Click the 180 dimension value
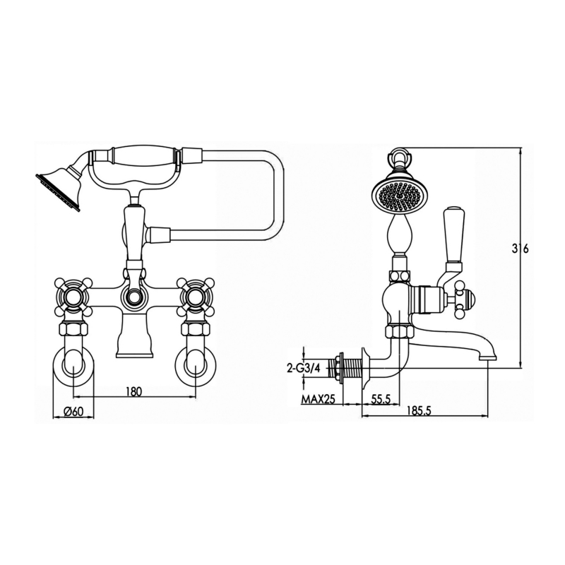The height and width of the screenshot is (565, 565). click(134, 391)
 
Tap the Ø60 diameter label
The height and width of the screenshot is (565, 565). click(73, 412)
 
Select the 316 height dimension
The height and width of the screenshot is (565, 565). click(521, 249)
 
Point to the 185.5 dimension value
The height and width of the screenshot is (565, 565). click(418, 410)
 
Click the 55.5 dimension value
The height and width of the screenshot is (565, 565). click(381, 399)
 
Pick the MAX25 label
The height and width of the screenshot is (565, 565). click(319, 399)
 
